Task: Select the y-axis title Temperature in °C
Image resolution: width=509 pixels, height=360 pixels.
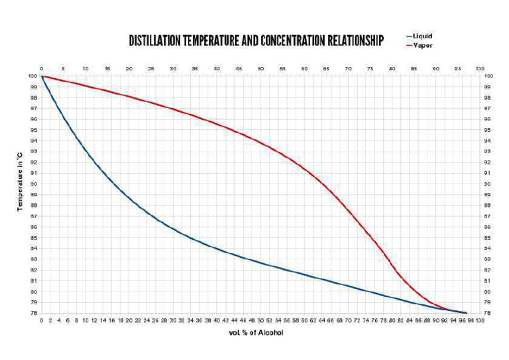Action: tap(21, 180)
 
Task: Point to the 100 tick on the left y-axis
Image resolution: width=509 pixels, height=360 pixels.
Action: tap(32, 76)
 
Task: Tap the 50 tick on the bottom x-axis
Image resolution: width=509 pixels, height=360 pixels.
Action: tap(260, 320)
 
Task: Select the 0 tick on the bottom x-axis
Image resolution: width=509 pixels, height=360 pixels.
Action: tap(41, 320)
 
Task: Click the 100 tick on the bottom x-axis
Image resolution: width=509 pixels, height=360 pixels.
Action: tap(480, 320)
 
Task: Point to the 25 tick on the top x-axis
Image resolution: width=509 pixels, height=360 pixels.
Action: tap(151, 68)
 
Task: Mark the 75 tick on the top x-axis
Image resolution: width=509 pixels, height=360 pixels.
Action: tap(370, 68)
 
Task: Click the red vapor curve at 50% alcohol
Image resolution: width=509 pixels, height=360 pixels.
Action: tap(260, 141)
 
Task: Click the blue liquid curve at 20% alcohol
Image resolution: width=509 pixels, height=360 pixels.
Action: tap(129, 198)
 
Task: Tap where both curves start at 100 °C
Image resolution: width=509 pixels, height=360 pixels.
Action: tap(42, 76)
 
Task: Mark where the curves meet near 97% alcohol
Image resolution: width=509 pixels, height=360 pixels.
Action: tap(466, 312)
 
